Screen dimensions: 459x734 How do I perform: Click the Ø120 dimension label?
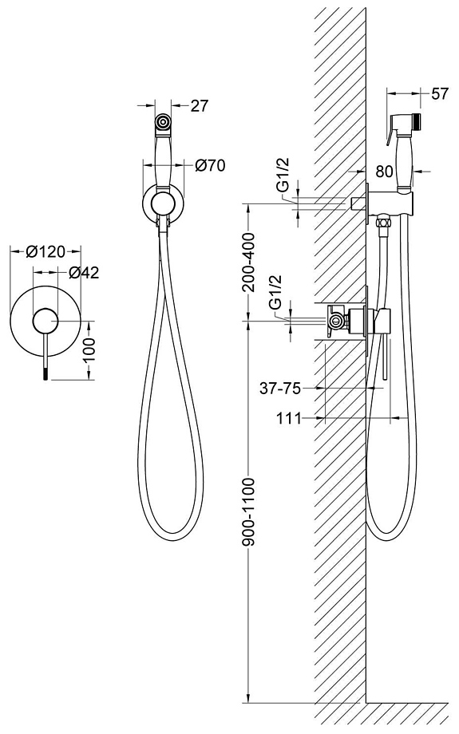tap(45, 252)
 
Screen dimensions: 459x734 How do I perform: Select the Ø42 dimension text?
tap(84, 272)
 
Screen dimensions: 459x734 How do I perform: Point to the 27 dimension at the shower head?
tap(199, 106)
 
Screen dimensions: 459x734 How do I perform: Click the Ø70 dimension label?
tap(210, 165)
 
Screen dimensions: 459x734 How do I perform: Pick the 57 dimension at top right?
tap(439, 93)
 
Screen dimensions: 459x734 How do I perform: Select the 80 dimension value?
tap(384, 172)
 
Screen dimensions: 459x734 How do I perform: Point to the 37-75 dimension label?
tap(279, 388)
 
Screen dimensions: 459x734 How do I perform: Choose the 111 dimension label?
tap(288, 418)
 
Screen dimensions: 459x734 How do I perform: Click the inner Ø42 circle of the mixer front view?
tap(45, 321)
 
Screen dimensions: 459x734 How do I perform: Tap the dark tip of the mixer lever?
tap(46, 374)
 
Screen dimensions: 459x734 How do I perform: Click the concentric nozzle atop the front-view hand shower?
tap(163, 123)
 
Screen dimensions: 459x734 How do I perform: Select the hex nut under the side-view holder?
tap(384, 220)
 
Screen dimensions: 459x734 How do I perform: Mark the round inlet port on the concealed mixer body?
tap(335, 321)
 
